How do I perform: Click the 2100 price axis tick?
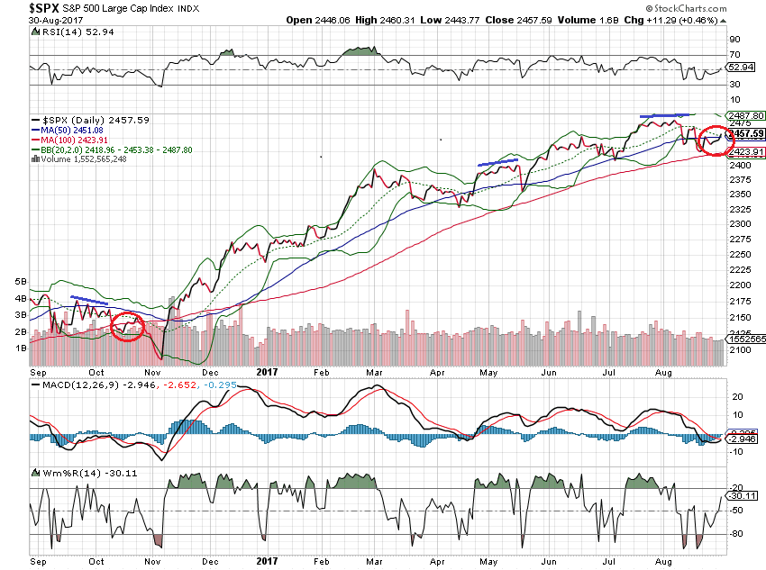[741, 349]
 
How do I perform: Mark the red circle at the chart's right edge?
[716, 140]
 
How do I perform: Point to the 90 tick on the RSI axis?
[734, 41]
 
